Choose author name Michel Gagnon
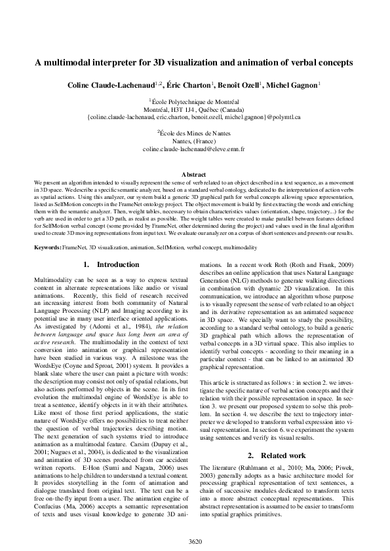292,86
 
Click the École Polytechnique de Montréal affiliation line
195,102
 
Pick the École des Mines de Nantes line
195,132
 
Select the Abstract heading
195,174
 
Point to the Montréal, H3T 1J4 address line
195,110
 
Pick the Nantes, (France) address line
195,140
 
